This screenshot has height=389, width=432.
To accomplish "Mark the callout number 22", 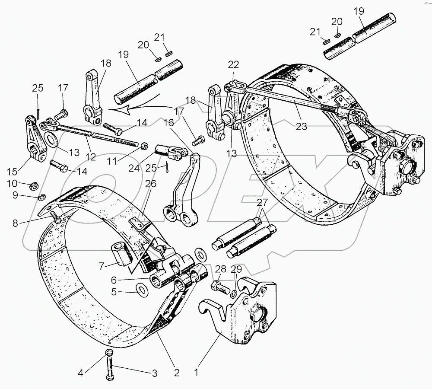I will [x=233, y=64].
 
